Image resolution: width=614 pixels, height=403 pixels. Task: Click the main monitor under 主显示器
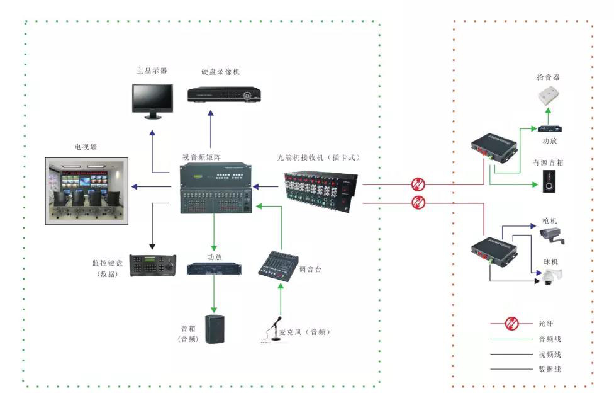(x=152, y=99)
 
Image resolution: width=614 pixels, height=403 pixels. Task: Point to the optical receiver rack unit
(x=321, y=189)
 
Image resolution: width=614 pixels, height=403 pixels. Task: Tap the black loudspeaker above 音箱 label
(x=215, y=329)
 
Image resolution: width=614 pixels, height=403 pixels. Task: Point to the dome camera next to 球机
(x=551, y=276)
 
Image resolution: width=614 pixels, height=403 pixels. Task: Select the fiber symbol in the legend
(x=511, y=324)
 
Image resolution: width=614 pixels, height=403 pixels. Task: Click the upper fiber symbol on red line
(x=418, y=184)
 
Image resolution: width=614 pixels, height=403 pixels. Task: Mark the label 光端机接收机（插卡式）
(x=319, y=157)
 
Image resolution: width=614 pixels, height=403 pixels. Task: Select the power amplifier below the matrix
(x=214, y=268)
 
